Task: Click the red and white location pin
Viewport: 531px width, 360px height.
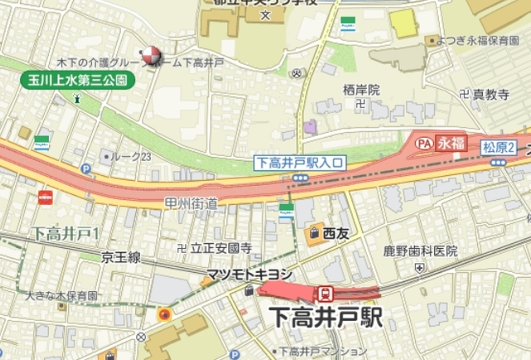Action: click(x=149, y=55)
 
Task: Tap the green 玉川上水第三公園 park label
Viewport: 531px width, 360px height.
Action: click(x=76, y=80)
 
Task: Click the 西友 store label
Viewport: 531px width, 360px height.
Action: click(x=335, y=233)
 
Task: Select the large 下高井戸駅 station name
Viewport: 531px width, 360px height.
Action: click(x=328, y=317)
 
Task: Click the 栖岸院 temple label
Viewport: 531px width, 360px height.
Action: click(x=362, y=89)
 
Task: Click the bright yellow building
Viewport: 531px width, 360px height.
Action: click(x=403, y=24)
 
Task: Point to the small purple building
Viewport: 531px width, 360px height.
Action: click(x=309, y=127)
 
